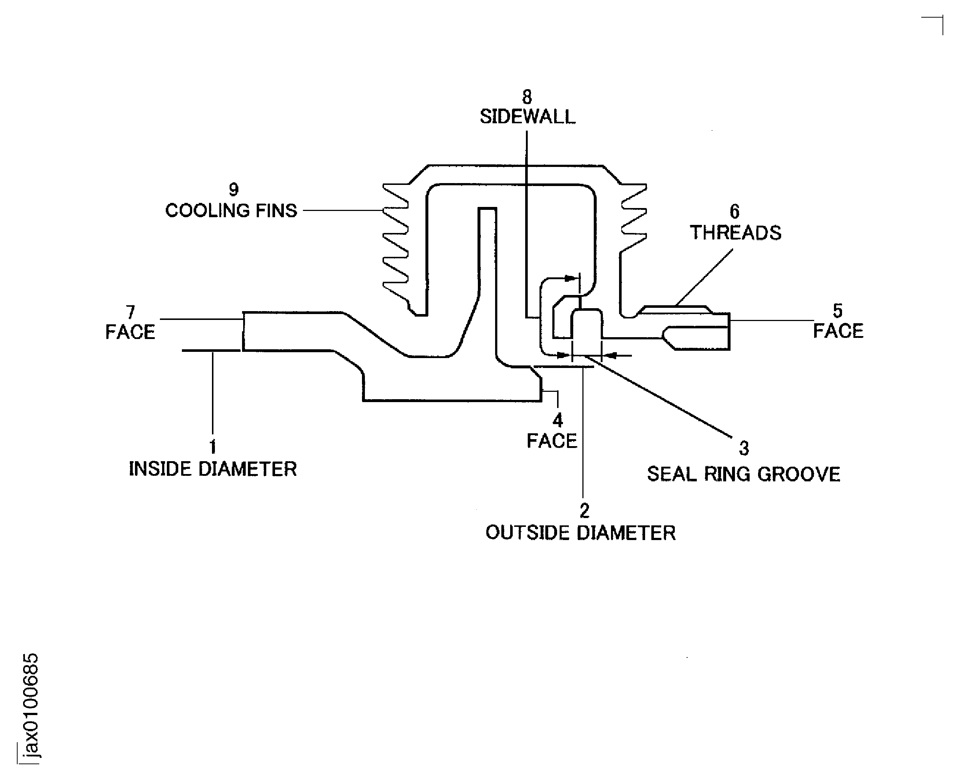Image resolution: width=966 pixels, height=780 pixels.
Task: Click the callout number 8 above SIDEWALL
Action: tap(527, 97)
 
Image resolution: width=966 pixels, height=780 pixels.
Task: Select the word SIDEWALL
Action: tap(527, 117)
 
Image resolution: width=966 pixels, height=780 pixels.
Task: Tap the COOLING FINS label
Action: tap(231, 210)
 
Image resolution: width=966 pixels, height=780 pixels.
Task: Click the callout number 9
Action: tap(234, 190)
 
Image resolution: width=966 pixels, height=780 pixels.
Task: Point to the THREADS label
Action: tap(736, 233)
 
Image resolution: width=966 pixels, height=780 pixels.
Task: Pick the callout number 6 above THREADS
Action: tap(735, 212)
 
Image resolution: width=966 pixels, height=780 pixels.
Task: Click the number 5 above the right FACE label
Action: tap(838, 311)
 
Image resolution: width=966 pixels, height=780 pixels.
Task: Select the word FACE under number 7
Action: tap(130, 332)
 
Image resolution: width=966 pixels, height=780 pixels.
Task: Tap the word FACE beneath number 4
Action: tap(552, 441)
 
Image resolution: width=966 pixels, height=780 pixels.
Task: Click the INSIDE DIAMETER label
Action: tap(213, 469)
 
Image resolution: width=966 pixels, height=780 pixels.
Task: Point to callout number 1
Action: tap(213, 447)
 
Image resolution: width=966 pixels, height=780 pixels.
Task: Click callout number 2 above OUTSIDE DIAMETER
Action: tap(584, 511)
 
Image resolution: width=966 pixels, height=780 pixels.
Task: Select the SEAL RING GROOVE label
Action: tap(743, 474)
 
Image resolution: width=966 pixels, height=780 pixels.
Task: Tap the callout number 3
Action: tap(744, 448)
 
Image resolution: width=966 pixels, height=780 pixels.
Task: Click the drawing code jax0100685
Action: tap(30, 706)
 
